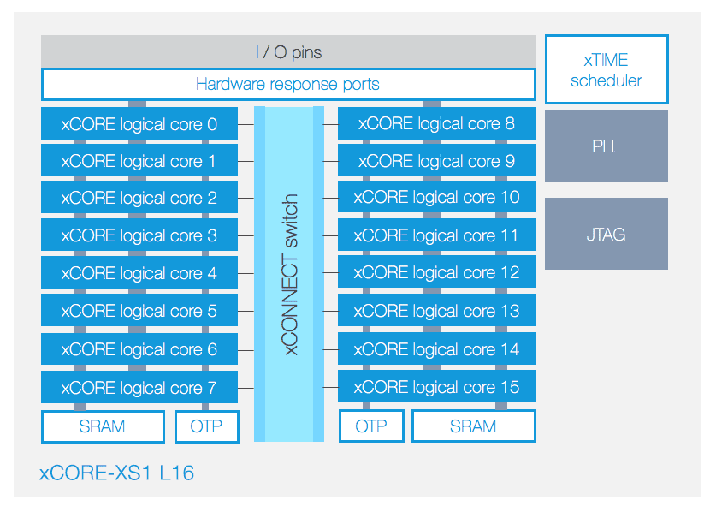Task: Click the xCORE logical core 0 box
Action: click(x=139, y=123)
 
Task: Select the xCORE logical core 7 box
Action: click(x=139, y=387)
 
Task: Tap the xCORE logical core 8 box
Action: click(x=436, y=123)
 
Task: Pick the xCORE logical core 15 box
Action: click(x=436, y=387)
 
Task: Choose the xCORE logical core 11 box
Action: click(x=436, y=235)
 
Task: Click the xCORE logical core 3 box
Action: click(x=139, y=235)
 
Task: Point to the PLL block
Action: click(x=607, y=146)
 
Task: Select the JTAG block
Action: click(x=607, y=234)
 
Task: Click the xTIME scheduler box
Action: click(x=607, y=69)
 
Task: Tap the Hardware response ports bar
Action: click(x=288, y=84)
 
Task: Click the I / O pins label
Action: click(x=288, y=52)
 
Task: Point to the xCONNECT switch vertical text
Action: click(x=289, y=274)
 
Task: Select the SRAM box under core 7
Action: click(x=103, y=426)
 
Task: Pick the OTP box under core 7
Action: click(x=207, y=426)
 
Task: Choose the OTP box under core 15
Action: click(x=371, y=426)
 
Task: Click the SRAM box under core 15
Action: click(x=474, y=426)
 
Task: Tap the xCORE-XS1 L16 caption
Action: click(x=117, y=473)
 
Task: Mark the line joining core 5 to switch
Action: click(x=246, y=311)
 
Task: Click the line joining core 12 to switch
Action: click(x=330, y=273)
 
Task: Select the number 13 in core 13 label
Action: click(x=510, y=311)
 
